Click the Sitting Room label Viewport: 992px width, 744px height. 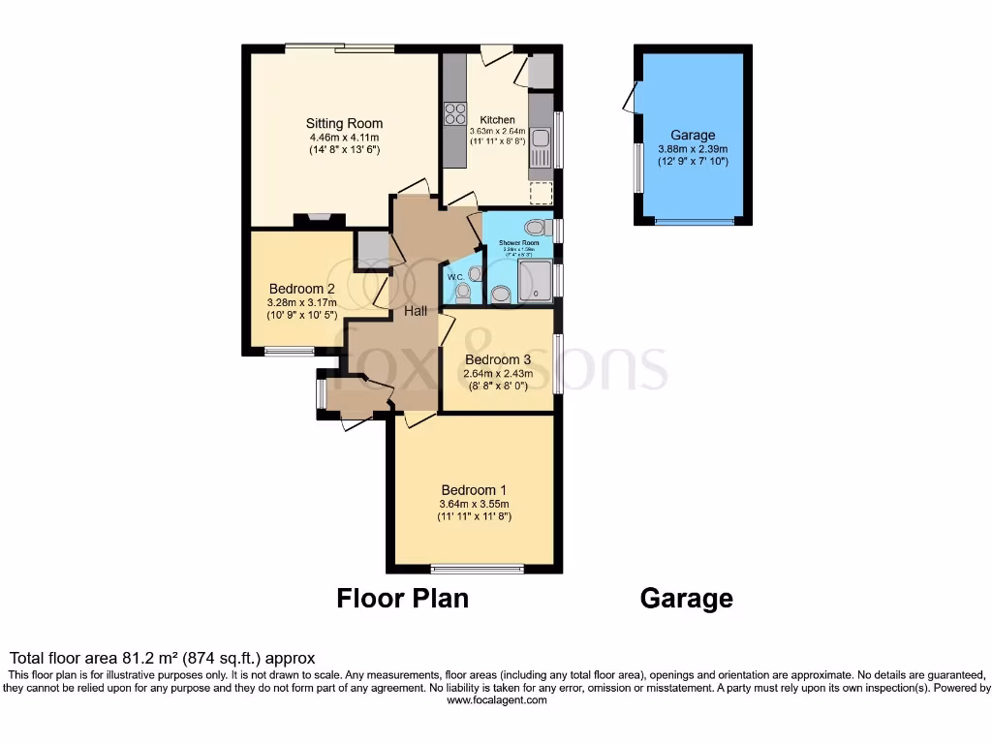pyautogui.click(x=344, y=123)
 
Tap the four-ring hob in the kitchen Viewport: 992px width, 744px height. pyautogui.click(x=454, y=114)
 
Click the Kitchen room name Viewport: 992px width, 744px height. pyautogui.click(x=498, y=120)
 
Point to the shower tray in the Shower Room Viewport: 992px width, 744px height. pyautogui.click(x=535, y=281)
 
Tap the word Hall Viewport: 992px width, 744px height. pyautogui.click(x=416, y=310)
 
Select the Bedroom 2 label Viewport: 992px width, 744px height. pyautogui.click(x=302, y=289)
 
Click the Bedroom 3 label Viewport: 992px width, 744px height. pyautogui.click(x=498, y=359)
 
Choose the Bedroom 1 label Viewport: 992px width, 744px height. pyautogui.click(x=474, y=489)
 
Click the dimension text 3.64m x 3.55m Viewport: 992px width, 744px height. pyautogui.click(x=474, y=504)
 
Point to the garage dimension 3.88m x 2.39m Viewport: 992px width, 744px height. pyautogui.click(x=693, y=149)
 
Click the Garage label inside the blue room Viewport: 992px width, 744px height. pyautogui.click(x=693, y=135)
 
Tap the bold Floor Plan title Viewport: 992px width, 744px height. pyautogui.click(x=402, y=599)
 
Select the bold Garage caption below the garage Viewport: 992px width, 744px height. pyautogui.click(x=686, y=599)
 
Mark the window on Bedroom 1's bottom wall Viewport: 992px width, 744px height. pyautogui.click(x=478, y=569)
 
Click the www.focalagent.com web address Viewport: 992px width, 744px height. pyautogui.click(x=496, y=700)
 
